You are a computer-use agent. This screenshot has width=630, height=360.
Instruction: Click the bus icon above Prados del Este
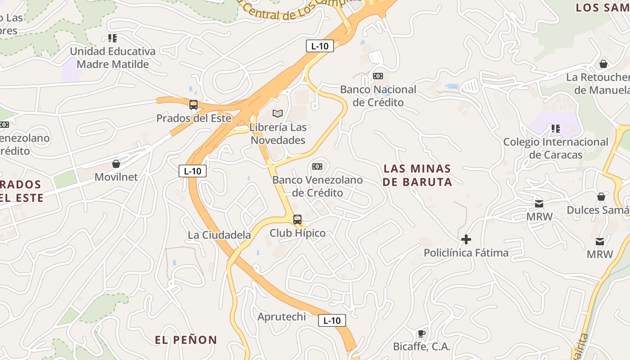(x=193, y=105)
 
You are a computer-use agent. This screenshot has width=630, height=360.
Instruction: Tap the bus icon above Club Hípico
(x=297, y=220)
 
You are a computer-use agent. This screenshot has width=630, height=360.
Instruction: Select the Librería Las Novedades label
(x=278, y=134)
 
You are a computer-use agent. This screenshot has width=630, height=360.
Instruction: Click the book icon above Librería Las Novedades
(x=278, y=113)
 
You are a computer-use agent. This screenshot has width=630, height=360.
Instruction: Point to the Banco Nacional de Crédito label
(x=378, y=96)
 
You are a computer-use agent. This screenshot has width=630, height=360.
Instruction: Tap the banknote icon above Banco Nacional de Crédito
(x=378, y=76)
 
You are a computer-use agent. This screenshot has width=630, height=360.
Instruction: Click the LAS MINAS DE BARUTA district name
(x=418, y=175)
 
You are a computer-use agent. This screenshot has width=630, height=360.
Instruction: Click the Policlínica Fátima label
(x=466, y=253)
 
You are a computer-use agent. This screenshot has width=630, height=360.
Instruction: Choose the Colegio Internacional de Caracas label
(x=556, y=148)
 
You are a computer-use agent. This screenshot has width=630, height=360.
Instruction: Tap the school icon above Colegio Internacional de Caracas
(x=556, y=129)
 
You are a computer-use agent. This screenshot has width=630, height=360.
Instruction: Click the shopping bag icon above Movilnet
(x=116, y=163)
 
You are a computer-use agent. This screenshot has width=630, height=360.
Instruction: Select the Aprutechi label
(x=282, y=317)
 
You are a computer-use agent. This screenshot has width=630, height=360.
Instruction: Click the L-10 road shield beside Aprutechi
(x=332, y=320)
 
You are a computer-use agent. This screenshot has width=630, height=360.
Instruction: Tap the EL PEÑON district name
(x=186, y=340)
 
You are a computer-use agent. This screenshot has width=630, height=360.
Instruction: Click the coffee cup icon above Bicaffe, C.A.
(x=421, y=333)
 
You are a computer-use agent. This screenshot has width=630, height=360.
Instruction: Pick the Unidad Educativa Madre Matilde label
(x=112, y=58)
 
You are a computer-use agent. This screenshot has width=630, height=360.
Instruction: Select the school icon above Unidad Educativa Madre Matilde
(x=112, y=38)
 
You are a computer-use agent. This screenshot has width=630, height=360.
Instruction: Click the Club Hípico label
(x=297, y=233)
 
